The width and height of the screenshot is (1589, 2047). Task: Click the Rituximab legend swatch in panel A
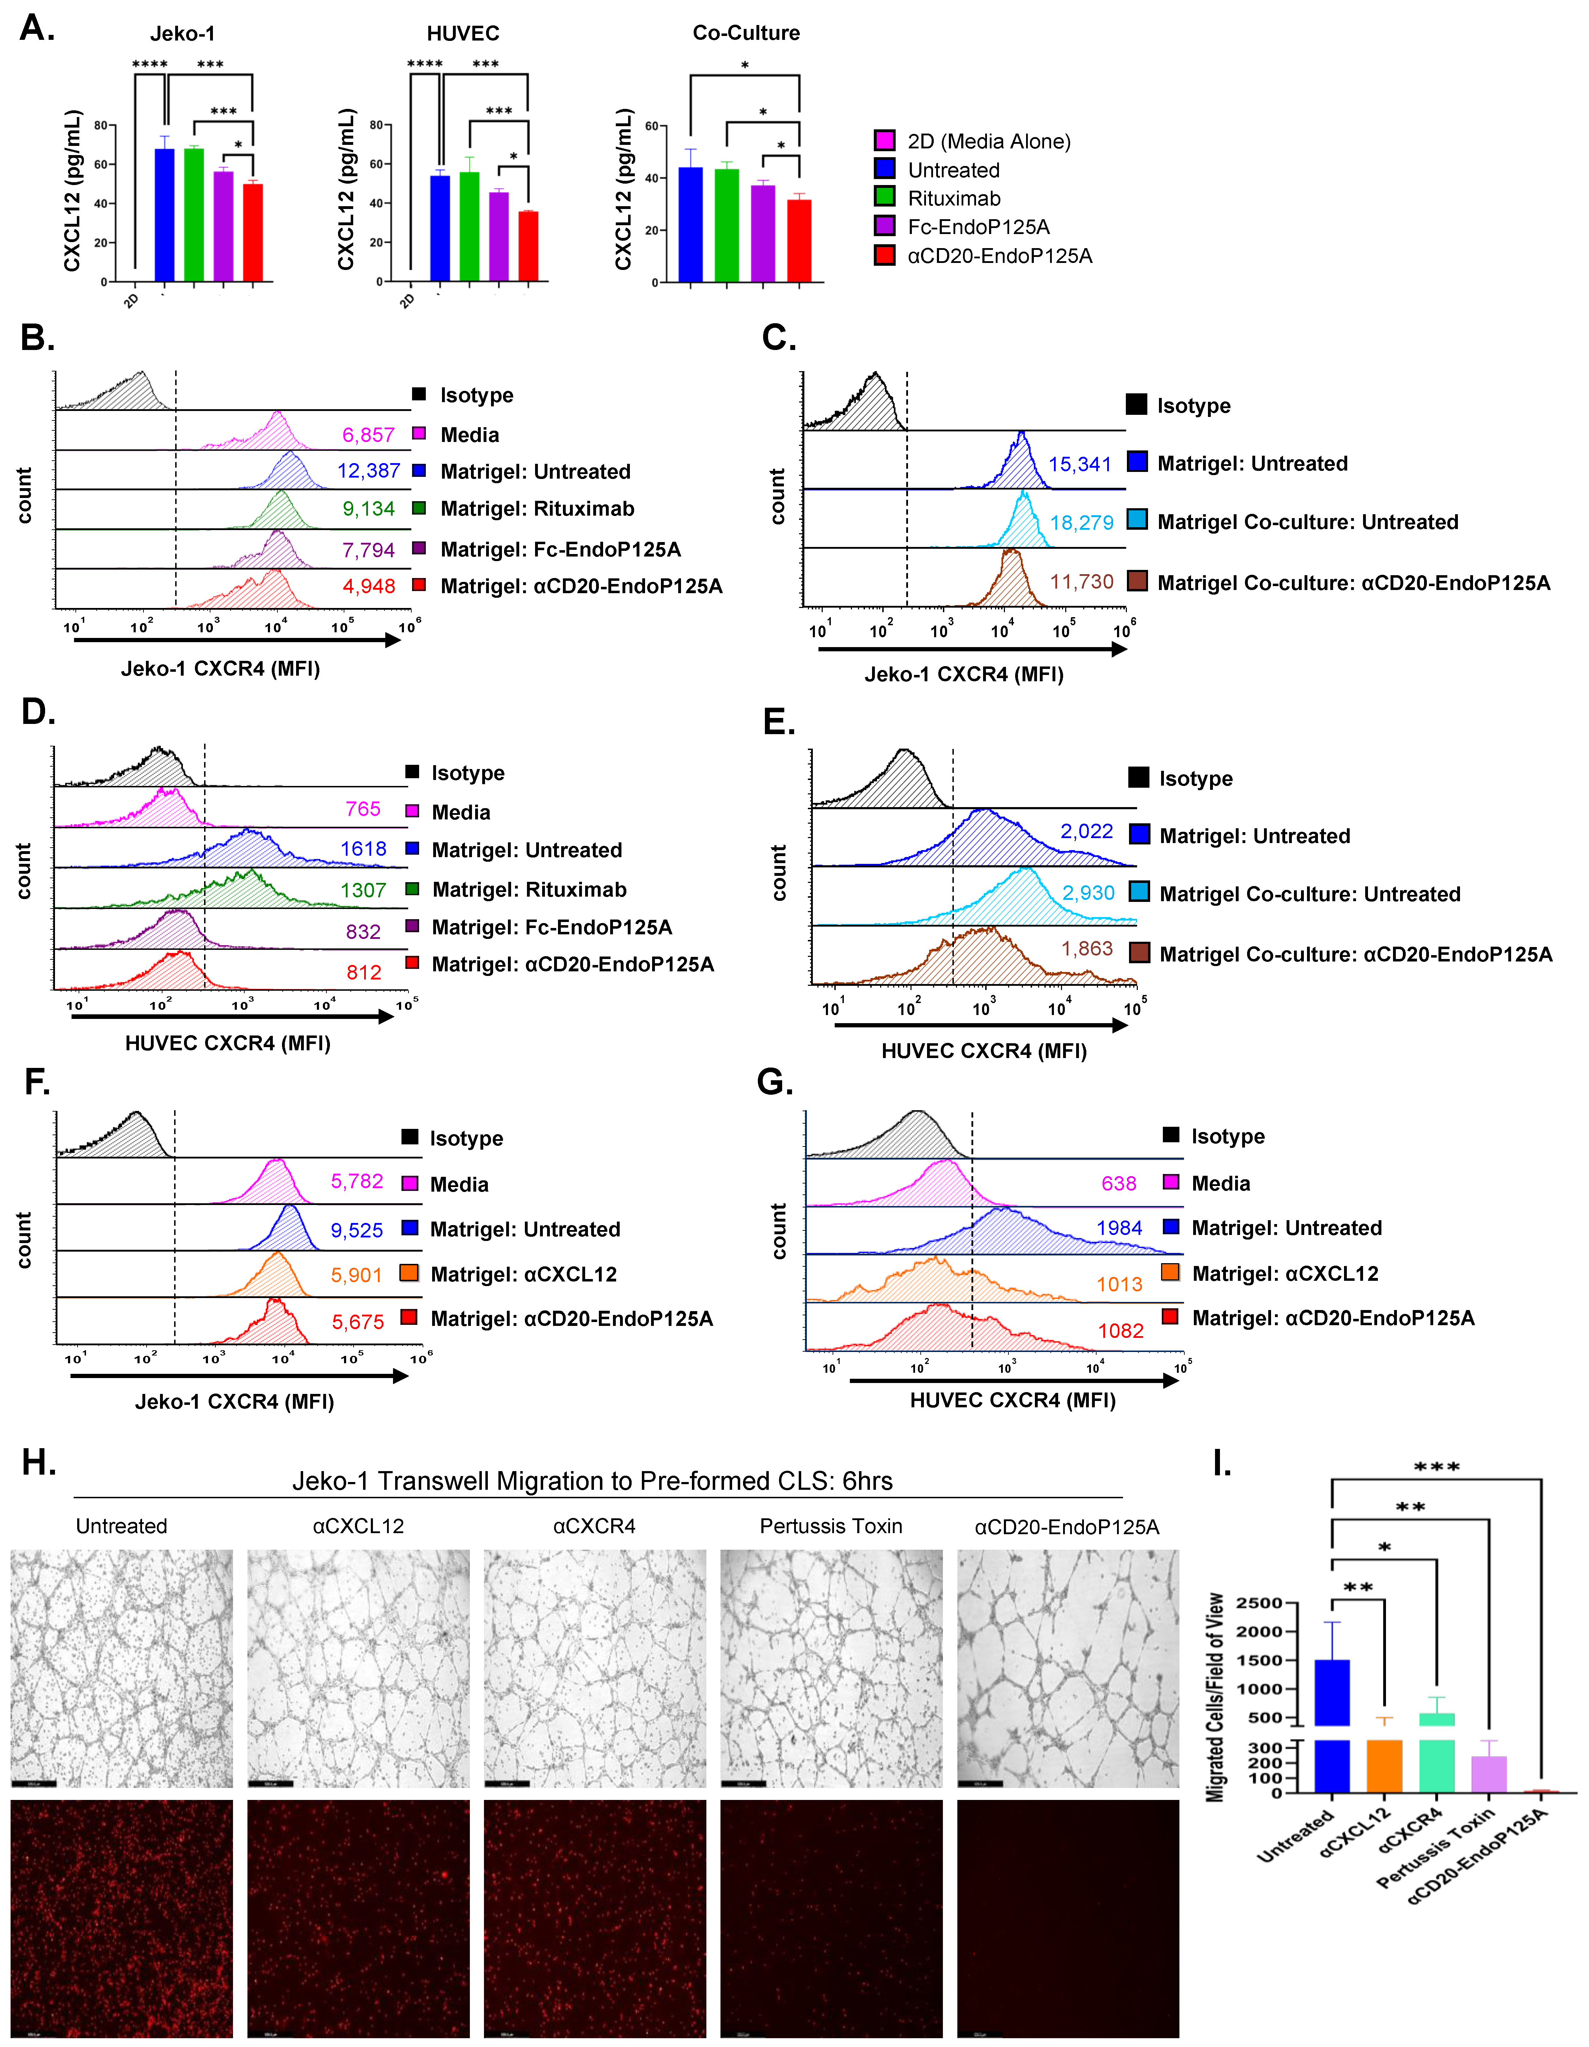pyautogui.click(x=884, y=198)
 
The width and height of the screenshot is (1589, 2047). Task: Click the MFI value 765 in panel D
pyautogui.click(x=363, y=809)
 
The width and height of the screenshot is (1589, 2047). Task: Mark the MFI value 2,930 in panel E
pyautogui.click(x=1087, y=893)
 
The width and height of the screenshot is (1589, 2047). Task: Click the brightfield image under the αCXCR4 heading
pyautogui.click(x=594, y=1668)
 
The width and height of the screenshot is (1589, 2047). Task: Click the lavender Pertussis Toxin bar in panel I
pyautogui.click(x=1489, y=1774)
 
